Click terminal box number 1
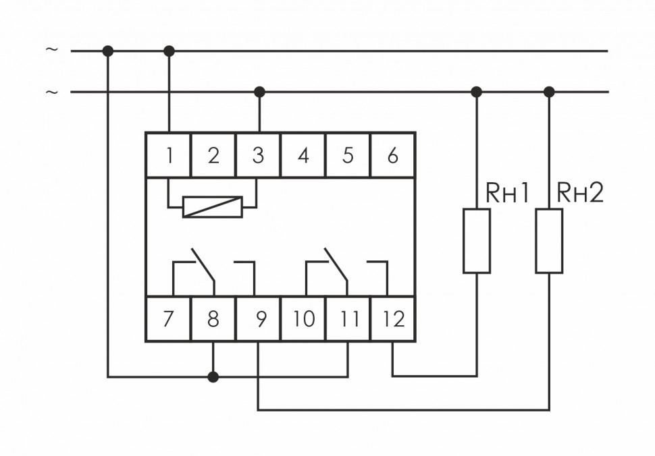[x=169, y=156]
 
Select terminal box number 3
[x=258, y=156]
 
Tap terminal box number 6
[x=392, y=156]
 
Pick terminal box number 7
[x=169, y=318]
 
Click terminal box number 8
[x=213, y=318]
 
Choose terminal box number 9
[x=258, y=318]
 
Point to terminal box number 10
[x=303, y=318]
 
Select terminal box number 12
[x=392, y=318]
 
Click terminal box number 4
[x=303, y=156]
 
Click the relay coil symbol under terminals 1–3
[x=213, y=206]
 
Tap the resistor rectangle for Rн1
[x=477, y=241]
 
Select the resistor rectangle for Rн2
[x=549, y=241]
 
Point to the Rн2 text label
[x=579, y=194]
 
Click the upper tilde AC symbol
[x=51, y=50]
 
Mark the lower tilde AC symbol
[x=51, y=92]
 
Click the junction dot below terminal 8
[x=213, y=376]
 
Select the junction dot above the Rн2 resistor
[x=549, y=92]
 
